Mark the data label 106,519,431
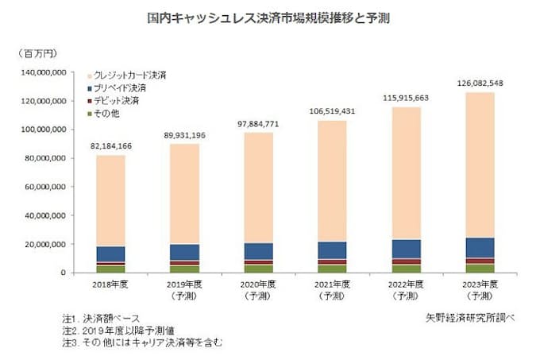pyautogui.click(x=331, y=111)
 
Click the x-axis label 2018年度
pyautogui.click(x=110, y=281)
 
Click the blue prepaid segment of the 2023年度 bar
pyautogui.click(x=479, y=247)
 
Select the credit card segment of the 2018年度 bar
pyautogui.click(x=110, y=199)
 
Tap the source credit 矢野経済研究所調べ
pyautogui.click(x=469, y=317)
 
